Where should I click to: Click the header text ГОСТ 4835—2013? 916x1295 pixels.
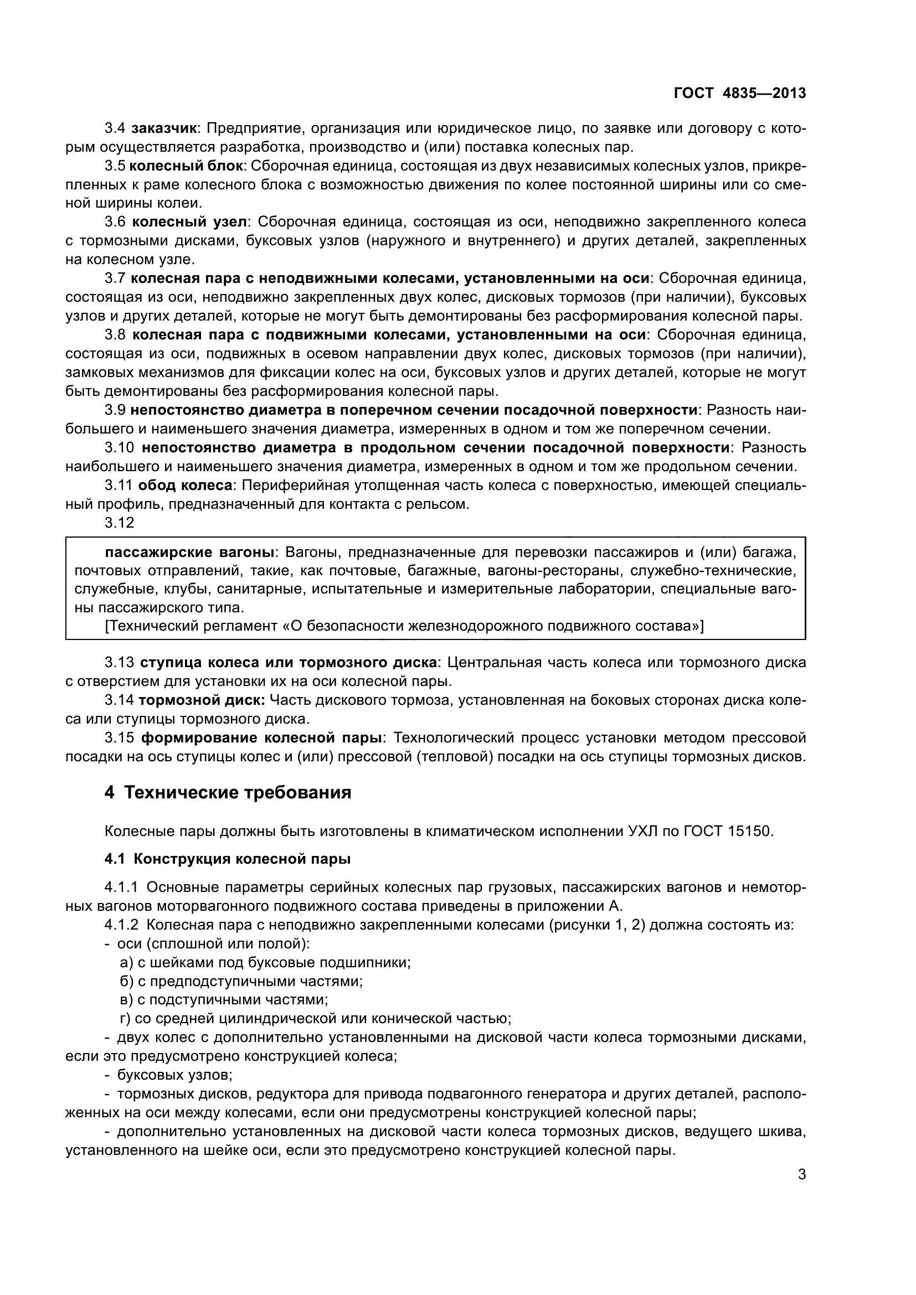pyautogui.click(x=739, y=93)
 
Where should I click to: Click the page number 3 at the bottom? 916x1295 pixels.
pyautogui.click(x=801, y=1175)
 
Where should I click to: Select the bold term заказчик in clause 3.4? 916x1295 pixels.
pyautogui.click(x=163, y=128)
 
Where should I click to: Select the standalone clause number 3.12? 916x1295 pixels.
pyautogui.click(x=120, y=523)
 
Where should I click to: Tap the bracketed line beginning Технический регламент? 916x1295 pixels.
pyautogui.click(x=404, y=626)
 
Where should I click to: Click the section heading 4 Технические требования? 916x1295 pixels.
pyautogui.click(x=228, y=792)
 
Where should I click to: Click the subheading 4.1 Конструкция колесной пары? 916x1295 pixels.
pyautogui.click(x=228, y=859)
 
